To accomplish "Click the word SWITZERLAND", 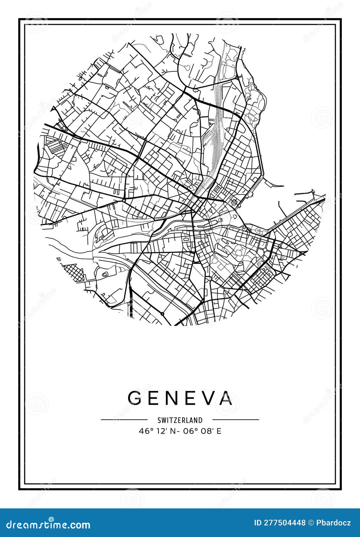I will [180, 420].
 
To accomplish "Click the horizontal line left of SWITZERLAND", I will [124, 420].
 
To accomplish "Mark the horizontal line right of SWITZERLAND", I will [236, 420].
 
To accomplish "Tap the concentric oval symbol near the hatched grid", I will [105, 274].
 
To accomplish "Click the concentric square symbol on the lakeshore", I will [235, 202].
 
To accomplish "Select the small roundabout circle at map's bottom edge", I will [163, 314].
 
